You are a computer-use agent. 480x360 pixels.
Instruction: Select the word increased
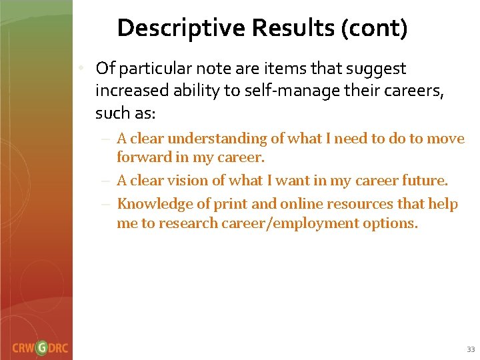(129, 91)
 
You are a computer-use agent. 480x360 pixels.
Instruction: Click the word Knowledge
(151, 203)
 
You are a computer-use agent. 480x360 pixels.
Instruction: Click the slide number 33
(471, 349)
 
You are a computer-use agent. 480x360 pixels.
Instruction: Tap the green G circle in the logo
(42, 347)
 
